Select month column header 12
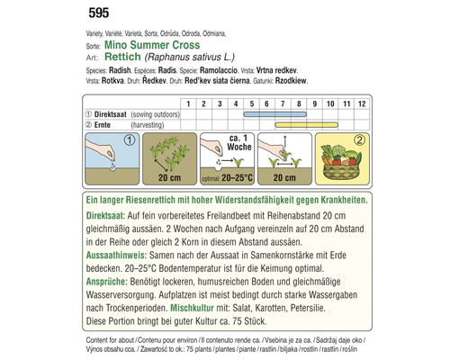[x=360, y=103]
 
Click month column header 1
[x=189, y=103]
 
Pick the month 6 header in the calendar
[x=266, y=103]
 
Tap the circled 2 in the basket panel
[x=358, y=140]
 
